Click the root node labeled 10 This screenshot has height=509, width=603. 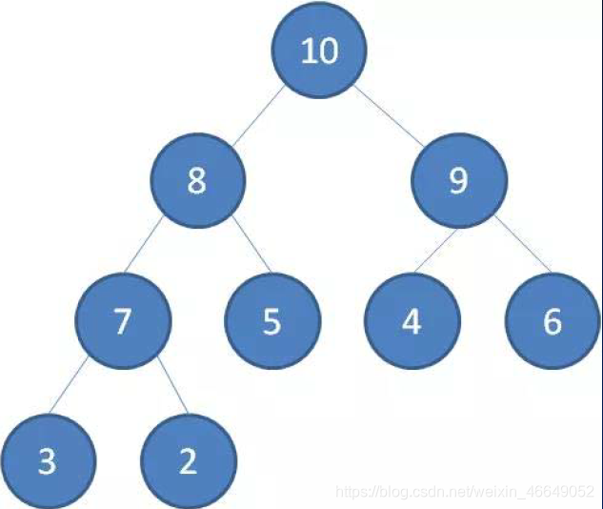[319, 50]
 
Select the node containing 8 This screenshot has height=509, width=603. [198, 180]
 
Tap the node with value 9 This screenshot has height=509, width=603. [459, 180]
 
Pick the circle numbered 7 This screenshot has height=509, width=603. [123, 321]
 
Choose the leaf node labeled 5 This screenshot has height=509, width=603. [272, 321]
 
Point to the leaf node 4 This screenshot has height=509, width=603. [412, 321]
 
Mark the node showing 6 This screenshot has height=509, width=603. [553, 321]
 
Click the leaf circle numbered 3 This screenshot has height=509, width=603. [48, 461]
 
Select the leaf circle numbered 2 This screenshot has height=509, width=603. [189, 461]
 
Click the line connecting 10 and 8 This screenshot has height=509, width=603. [259, 115]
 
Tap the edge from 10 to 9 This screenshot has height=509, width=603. [389, 115]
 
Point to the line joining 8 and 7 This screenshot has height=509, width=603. [144, 245]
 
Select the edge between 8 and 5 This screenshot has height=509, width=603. [251, 245]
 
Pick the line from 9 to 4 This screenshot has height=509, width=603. [436, 251]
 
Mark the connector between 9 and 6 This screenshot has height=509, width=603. [523, 243]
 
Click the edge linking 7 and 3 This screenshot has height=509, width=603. [69, 386]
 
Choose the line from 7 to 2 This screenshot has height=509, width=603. [172, 385]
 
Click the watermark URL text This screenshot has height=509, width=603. [465, 491]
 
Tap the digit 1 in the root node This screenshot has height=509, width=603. [309, 51]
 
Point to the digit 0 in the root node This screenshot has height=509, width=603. [329, 51]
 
